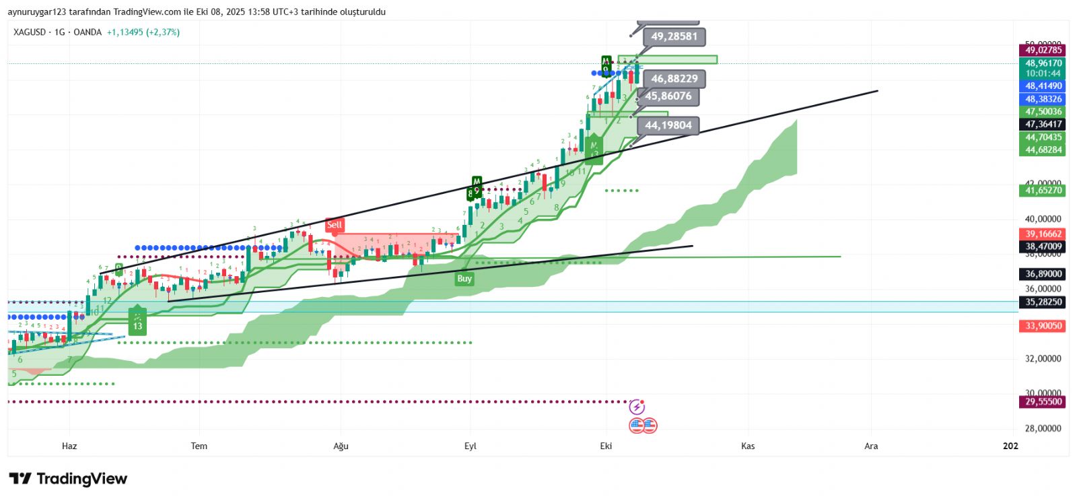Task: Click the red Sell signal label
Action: tap(335, 225)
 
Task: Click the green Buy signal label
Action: tap(464, 278)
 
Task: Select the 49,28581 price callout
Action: tap(674, 36)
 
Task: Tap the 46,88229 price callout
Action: tap(674, 79)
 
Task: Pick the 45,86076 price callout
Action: tap(668, 96)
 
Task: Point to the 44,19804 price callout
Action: tap(668, 125)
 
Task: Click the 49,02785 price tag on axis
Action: tap(1043, 50)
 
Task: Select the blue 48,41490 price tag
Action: tap(1043, 86)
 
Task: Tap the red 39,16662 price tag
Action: tap(1043, 234)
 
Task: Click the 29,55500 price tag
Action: tap(1043, 402)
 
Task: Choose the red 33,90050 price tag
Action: tap(1043, 326)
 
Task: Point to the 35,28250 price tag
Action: tap(1043, 302)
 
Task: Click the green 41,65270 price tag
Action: tap(1043, 191)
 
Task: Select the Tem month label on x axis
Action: tap(199, 446)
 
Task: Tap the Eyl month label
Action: tap(471, 446)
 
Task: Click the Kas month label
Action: tap(748, 446)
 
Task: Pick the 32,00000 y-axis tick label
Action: tap(1043, 359)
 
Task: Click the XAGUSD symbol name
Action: tap(30, 32)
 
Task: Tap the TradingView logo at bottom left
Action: tap(68, 479)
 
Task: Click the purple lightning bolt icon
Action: tap(637, 407)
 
